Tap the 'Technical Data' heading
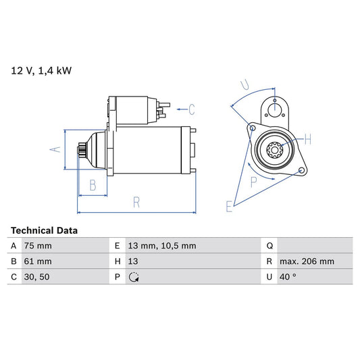point(44,230)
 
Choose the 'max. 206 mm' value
point(308,261)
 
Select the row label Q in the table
point(269,246)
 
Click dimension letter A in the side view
point(57,150)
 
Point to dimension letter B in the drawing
point(93,184)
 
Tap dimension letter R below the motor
point(136,202)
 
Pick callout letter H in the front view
point(307,140)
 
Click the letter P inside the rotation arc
point(254,181)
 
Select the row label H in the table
point(117,261)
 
